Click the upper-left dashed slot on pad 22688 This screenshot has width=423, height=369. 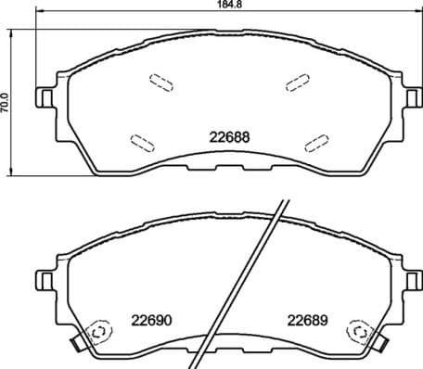tap(160, 83)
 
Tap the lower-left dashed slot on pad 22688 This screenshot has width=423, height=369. tap(142, 142)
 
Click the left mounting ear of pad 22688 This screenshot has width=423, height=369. tap(45, 96)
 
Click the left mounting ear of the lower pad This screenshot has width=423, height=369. tap(45, 277)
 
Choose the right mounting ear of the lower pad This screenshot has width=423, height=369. tap(411, 277)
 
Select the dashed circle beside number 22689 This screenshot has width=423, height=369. tap(358, 333)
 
